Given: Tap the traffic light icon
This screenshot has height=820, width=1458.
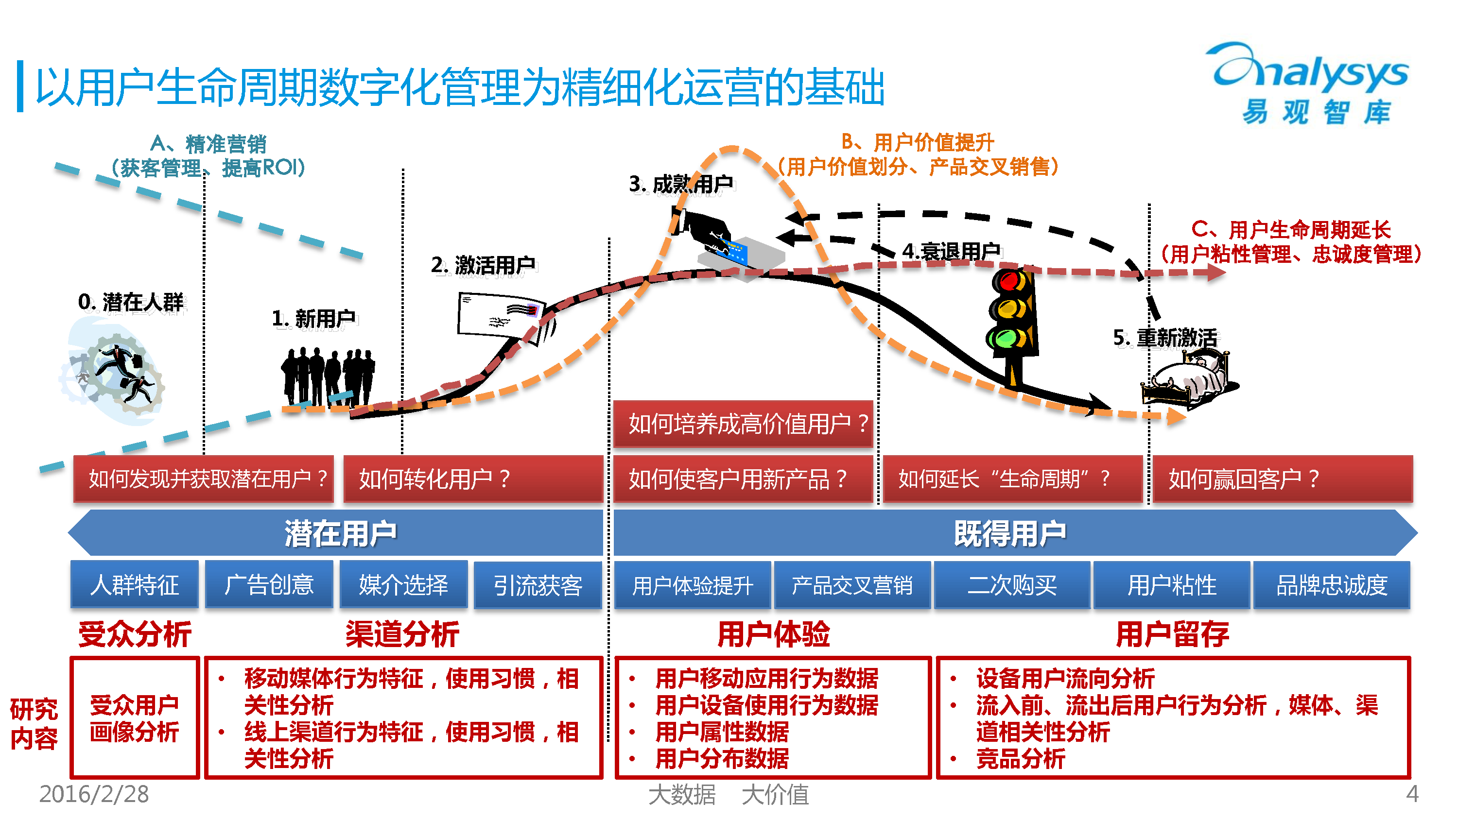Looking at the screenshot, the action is pyautogui.click(x=1014, y=325).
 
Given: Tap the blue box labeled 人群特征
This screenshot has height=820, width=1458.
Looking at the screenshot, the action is pyautogui.click(x=135, y=584).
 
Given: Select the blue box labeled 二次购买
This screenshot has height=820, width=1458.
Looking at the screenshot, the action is pyautogui.click(x=1012, y=584).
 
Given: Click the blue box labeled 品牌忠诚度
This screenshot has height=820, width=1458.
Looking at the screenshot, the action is pyautogui.click(x=1332, y=584).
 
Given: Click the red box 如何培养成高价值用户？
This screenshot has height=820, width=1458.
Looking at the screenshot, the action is pyautogui.click(x=743, y=423).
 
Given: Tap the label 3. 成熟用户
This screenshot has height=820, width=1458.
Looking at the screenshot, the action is pyautogui.click(x=681, y=184).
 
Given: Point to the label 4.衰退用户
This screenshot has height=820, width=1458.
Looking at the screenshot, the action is pyautogui.click(x=952, y=251).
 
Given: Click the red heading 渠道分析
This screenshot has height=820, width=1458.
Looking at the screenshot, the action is pyautogui.click(x=402, y=634).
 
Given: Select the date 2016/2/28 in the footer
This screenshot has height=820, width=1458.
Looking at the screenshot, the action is pyautogui.click(x=94, y=794).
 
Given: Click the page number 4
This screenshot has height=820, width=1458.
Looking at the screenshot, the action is pyautogui.click(x=1413, y=794).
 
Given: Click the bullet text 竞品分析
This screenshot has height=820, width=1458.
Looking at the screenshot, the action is pyautogui.click(x=1021, y=759).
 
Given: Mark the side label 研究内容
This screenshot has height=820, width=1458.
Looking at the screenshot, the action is pyautogui.click(x=34, y=724).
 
